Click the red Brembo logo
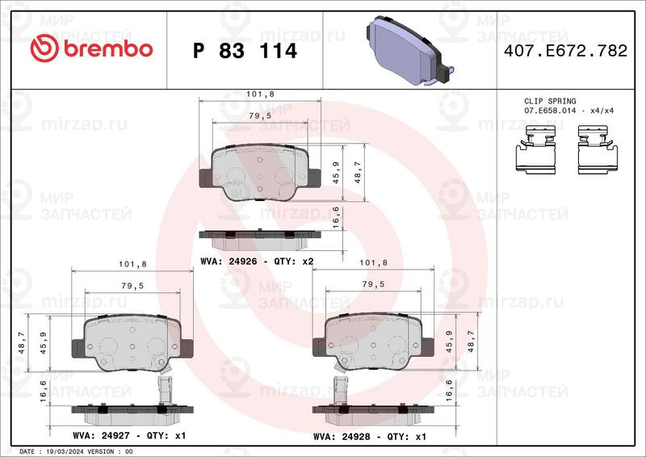coord(91,48)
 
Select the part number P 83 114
coord(245,51)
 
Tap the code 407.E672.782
coord(565,51)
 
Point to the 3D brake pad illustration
coord(410,51)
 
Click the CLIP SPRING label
coord(550,101)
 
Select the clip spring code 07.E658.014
coord(552,111)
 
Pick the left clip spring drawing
coord(536,149)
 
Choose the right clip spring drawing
coord(598,149)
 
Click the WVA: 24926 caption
coord(229,262)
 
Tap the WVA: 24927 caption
coord(102,435)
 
